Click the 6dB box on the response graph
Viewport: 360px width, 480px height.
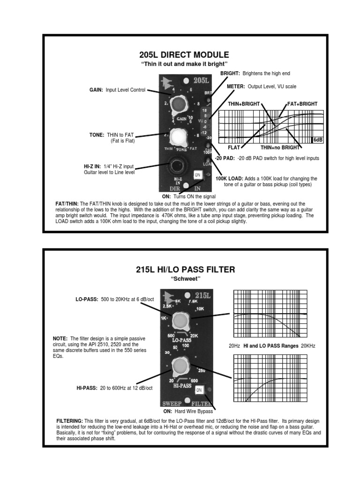point(318,140)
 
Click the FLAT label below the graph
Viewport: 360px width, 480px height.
point(234,147)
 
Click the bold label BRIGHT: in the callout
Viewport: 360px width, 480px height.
point(231,74)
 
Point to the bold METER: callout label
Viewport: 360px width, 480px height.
point(236,86)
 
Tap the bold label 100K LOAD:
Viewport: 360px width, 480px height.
point(229,179)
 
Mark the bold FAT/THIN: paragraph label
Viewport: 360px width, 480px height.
point(67,203)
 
